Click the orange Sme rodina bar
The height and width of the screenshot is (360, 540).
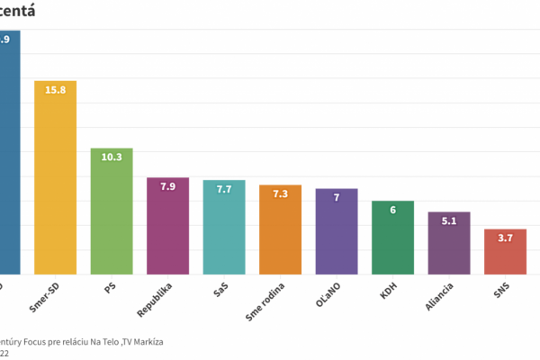pos(280,234)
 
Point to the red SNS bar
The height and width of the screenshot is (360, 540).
pos(505,255)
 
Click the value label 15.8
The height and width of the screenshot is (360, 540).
pos(56,91)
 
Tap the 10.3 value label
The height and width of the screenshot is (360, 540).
pos(112,157)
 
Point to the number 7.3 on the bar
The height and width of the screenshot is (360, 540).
pos(280,194)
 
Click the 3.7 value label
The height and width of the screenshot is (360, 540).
pos(505,238)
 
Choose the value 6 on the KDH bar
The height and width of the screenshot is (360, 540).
pos(392,211)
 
